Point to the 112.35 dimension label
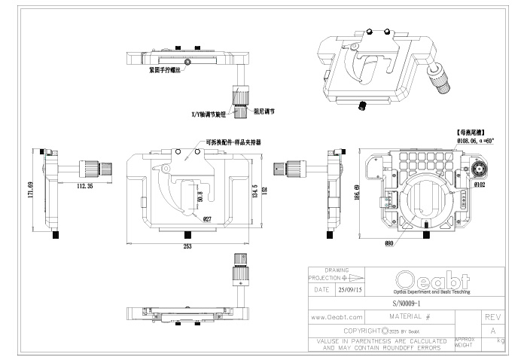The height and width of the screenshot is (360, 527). [84, 185]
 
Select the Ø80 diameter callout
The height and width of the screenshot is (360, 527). [389, 243]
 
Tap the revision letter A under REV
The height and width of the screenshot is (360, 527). [493, 331]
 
